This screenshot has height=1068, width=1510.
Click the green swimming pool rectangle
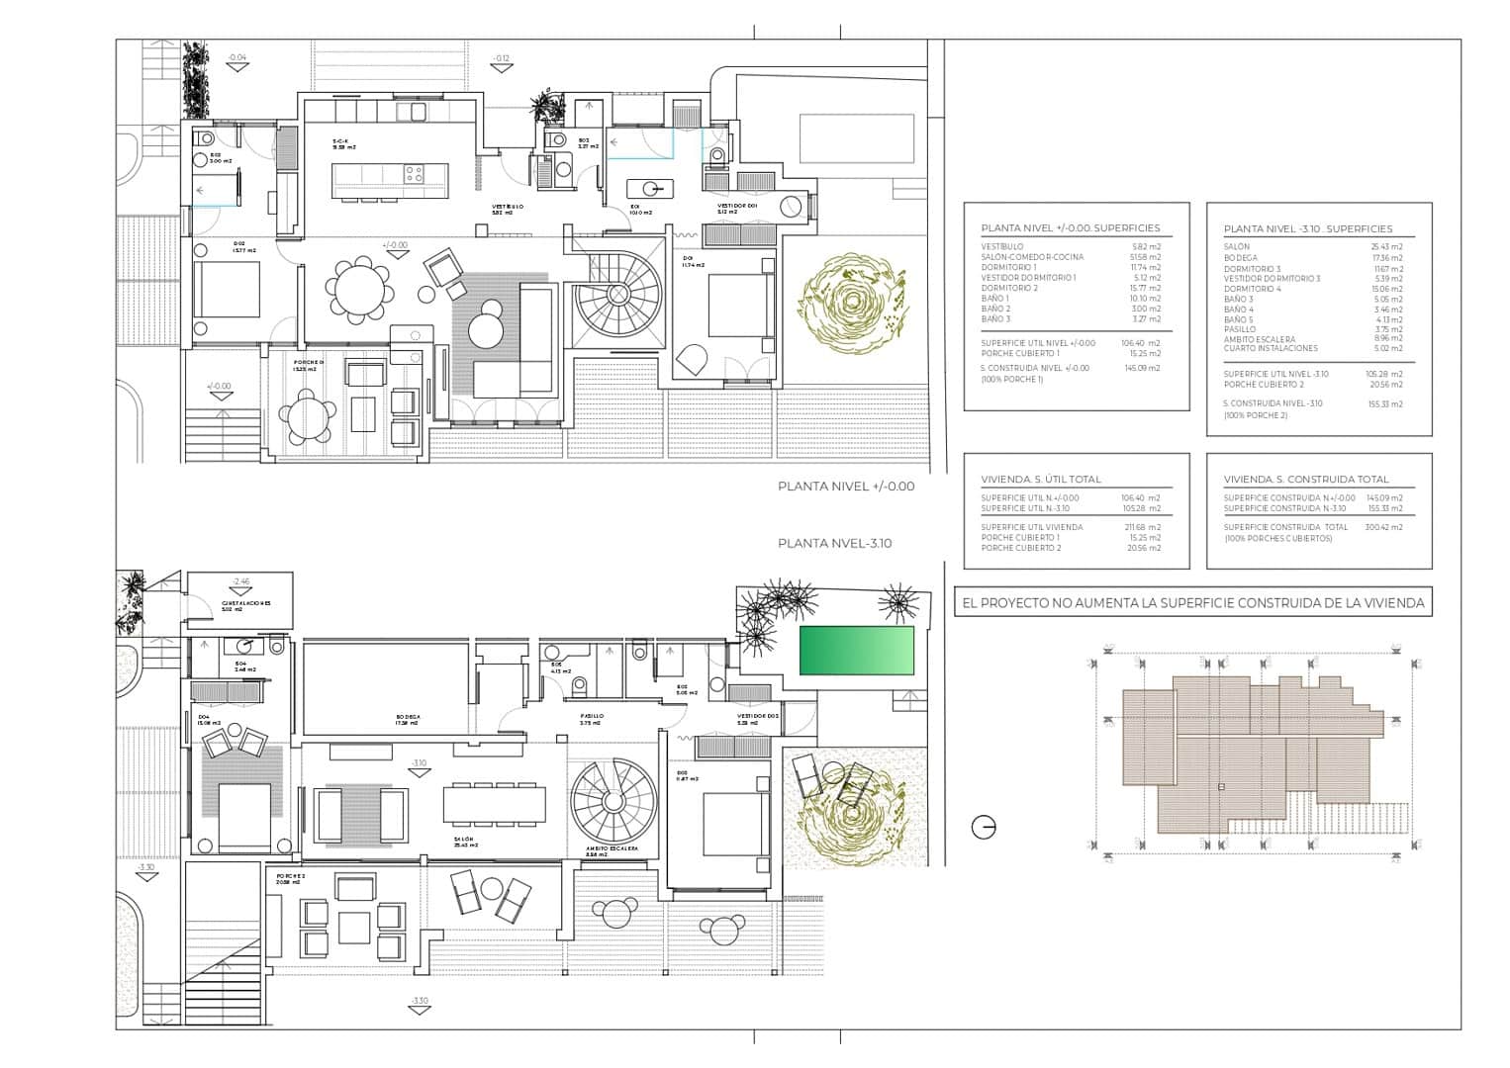pyautogui.click(x=857, y=651)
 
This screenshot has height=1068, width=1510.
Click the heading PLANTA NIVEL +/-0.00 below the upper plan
pyautogui.click(x=846, y=487)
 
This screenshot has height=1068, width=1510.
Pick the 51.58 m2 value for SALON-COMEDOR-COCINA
pyautogui.click(x=1148, y=257)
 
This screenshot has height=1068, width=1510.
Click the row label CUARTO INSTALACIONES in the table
pyautogui.click(x=1271, y=349)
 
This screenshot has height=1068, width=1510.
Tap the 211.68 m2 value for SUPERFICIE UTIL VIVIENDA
pyautogui.click(x=1141, y=527)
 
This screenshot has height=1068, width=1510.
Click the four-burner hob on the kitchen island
pyautogui.click(x=414, y=175)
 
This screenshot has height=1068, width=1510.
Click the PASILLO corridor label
pyautogui.click(x=592, y=717)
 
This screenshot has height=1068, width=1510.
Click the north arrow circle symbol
pyautogui.click(x=984, y=828)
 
